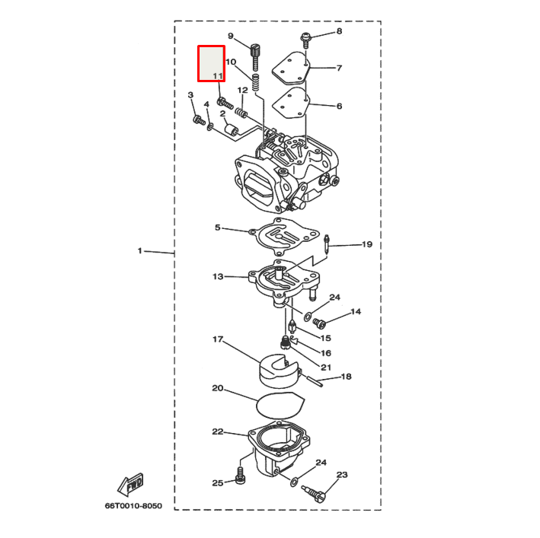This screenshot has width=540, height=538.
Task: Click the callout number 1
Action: point(139,250)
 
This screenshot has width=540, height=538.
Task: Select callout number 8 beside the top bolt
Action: point(339,31)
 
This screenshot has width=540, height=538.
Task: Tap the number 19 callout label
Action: point(366,244)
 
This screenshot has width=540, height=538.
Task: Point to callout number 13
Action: point(218,276)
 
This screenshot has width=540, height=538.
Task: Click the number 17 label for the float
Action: point(218,339)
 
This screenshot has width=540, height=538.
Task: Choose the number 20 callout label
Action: point(217,388)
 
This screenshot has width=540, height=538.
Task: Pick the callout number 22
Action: point(218,431)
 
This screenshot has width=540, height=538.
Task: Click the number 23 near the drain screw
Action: point(342,475)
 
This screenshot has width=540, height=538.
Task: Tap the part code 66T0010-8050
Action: point(134,505)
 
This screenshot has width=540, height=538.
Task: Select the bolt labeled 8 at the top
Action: point(306,36)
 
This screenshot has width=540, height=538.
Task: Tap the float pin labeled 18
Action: point(313,379)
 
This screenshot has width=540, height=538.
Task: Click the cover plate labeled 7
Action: point(292,67)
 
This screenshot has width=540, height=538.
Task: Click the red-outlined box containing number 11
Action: point(211,63)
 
